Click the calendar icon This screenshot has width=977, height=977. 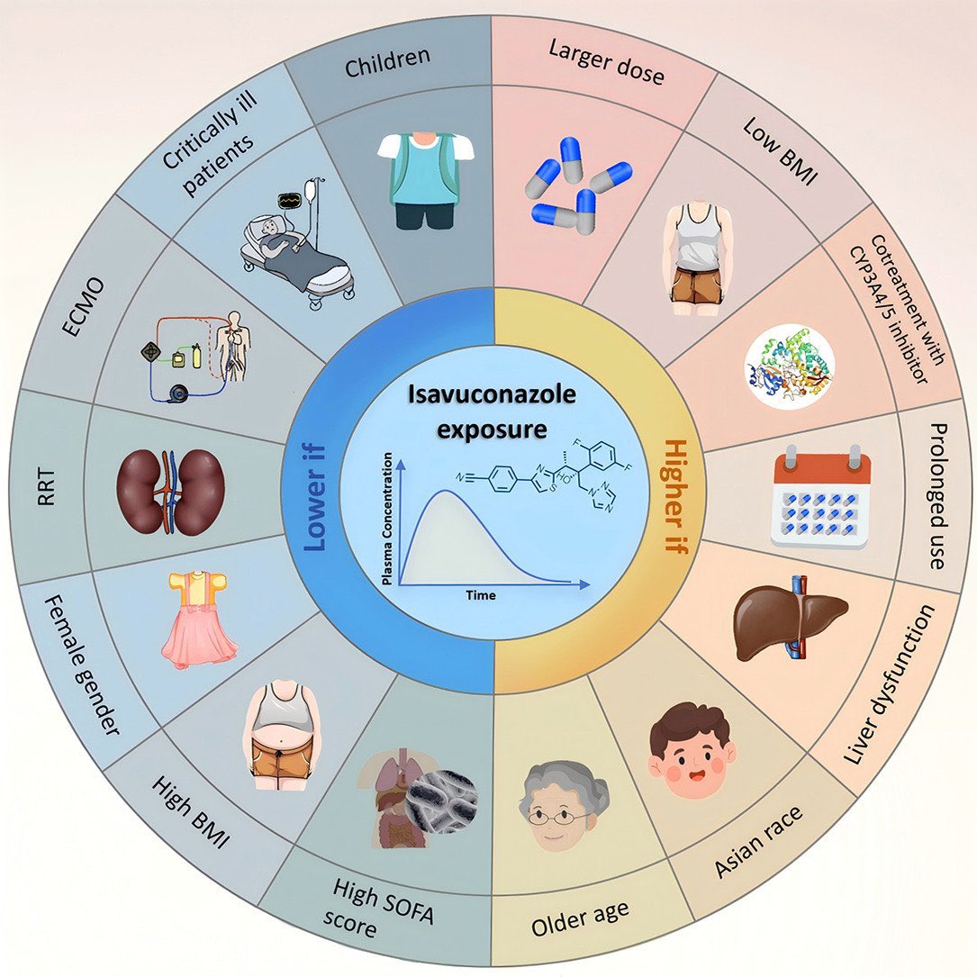(x=820, y=501)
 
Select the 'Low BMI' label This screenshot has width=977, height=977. (x=779, y=149)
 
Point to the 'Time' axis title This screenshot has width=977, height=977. (x=480, y=595)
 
